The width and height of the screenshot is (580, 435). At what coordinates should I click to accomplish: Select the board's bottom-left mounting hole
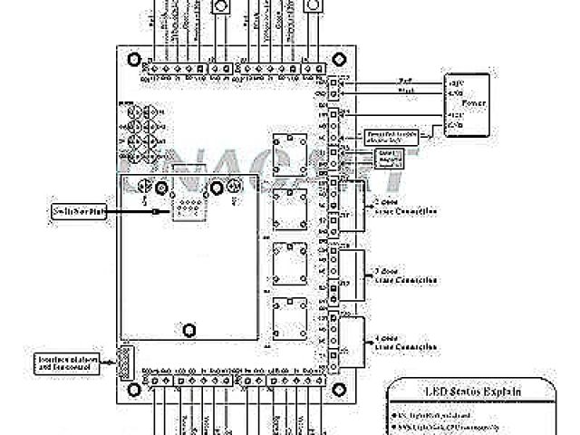[x=134, y=388]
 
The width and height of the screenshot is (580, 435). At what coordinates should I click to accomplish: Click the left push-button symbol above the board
[x=220, y=7]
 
